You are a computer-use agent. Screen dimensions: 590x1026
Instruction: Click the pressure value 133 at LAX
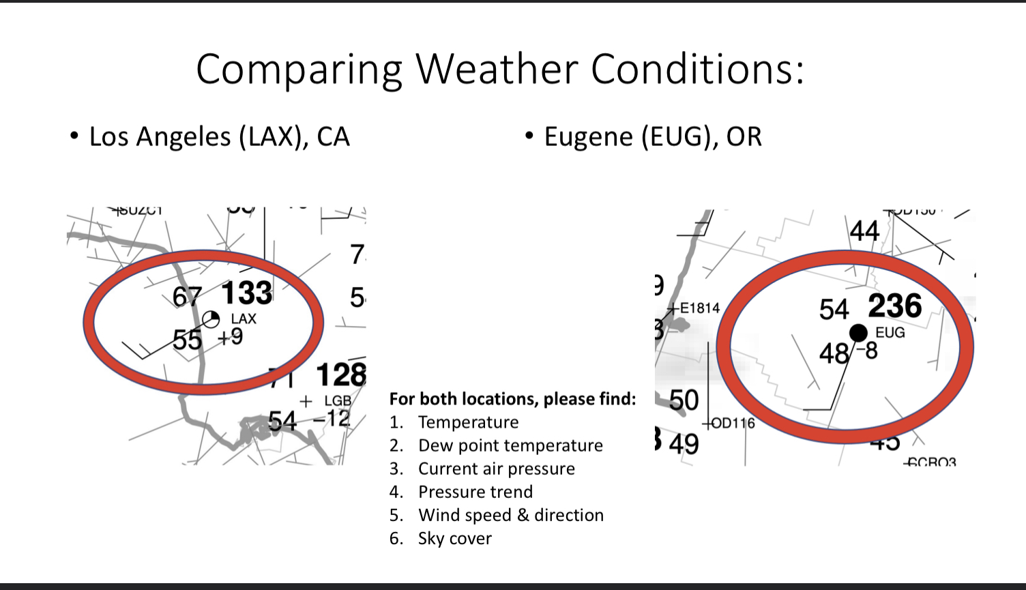pos(247,293)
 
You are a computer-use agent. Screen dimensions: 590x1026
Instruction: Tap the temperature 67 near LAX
pos(187,297)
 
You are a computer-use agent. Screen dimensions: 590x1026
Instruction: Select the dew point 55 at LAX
pos(187,339)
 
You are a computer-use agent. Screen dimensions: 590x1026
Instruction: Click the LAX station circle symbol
pos(211,319)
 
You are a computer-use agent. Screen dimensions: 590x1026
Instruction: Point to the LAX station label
pos(244,319)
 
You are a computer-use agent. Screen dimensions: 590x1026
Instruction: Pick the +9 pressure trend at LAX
pos(231,337)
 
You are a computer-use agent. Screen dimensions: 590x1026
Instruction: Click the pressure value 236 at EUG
pos(895,306)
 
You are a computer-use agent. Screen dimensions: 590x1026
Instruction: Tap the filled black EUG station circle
pos(858,333)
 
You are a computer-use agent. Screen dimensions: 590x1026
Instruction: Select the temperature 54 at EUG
pos(834,310)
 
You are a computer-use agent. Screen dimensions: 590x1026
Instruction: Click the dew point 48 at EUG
pos(834,353)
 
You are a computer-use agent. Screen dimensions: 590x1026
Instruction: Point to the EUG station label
pos(890,333)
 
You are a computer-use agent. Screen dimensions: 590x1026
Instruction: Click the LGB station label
pos(338,400)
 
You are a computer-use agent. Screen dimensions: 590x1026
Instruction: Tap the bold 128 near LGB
pos(340,375)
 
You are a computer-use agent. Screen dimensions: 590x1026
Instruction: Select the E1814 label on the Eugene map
pos(700,308)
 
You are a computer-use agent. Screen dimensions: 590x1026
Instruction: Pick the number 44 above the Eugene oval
pos(864,231)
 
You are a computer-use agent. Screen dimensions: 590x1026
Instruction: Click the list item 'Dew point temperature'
pos(510,445)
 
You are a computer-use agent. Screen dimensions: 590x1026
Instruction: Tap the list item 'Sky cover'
pos(454,538)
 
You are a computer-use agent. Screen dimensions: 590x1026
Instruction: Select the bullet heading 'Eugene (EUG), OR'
pos(652,136)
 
